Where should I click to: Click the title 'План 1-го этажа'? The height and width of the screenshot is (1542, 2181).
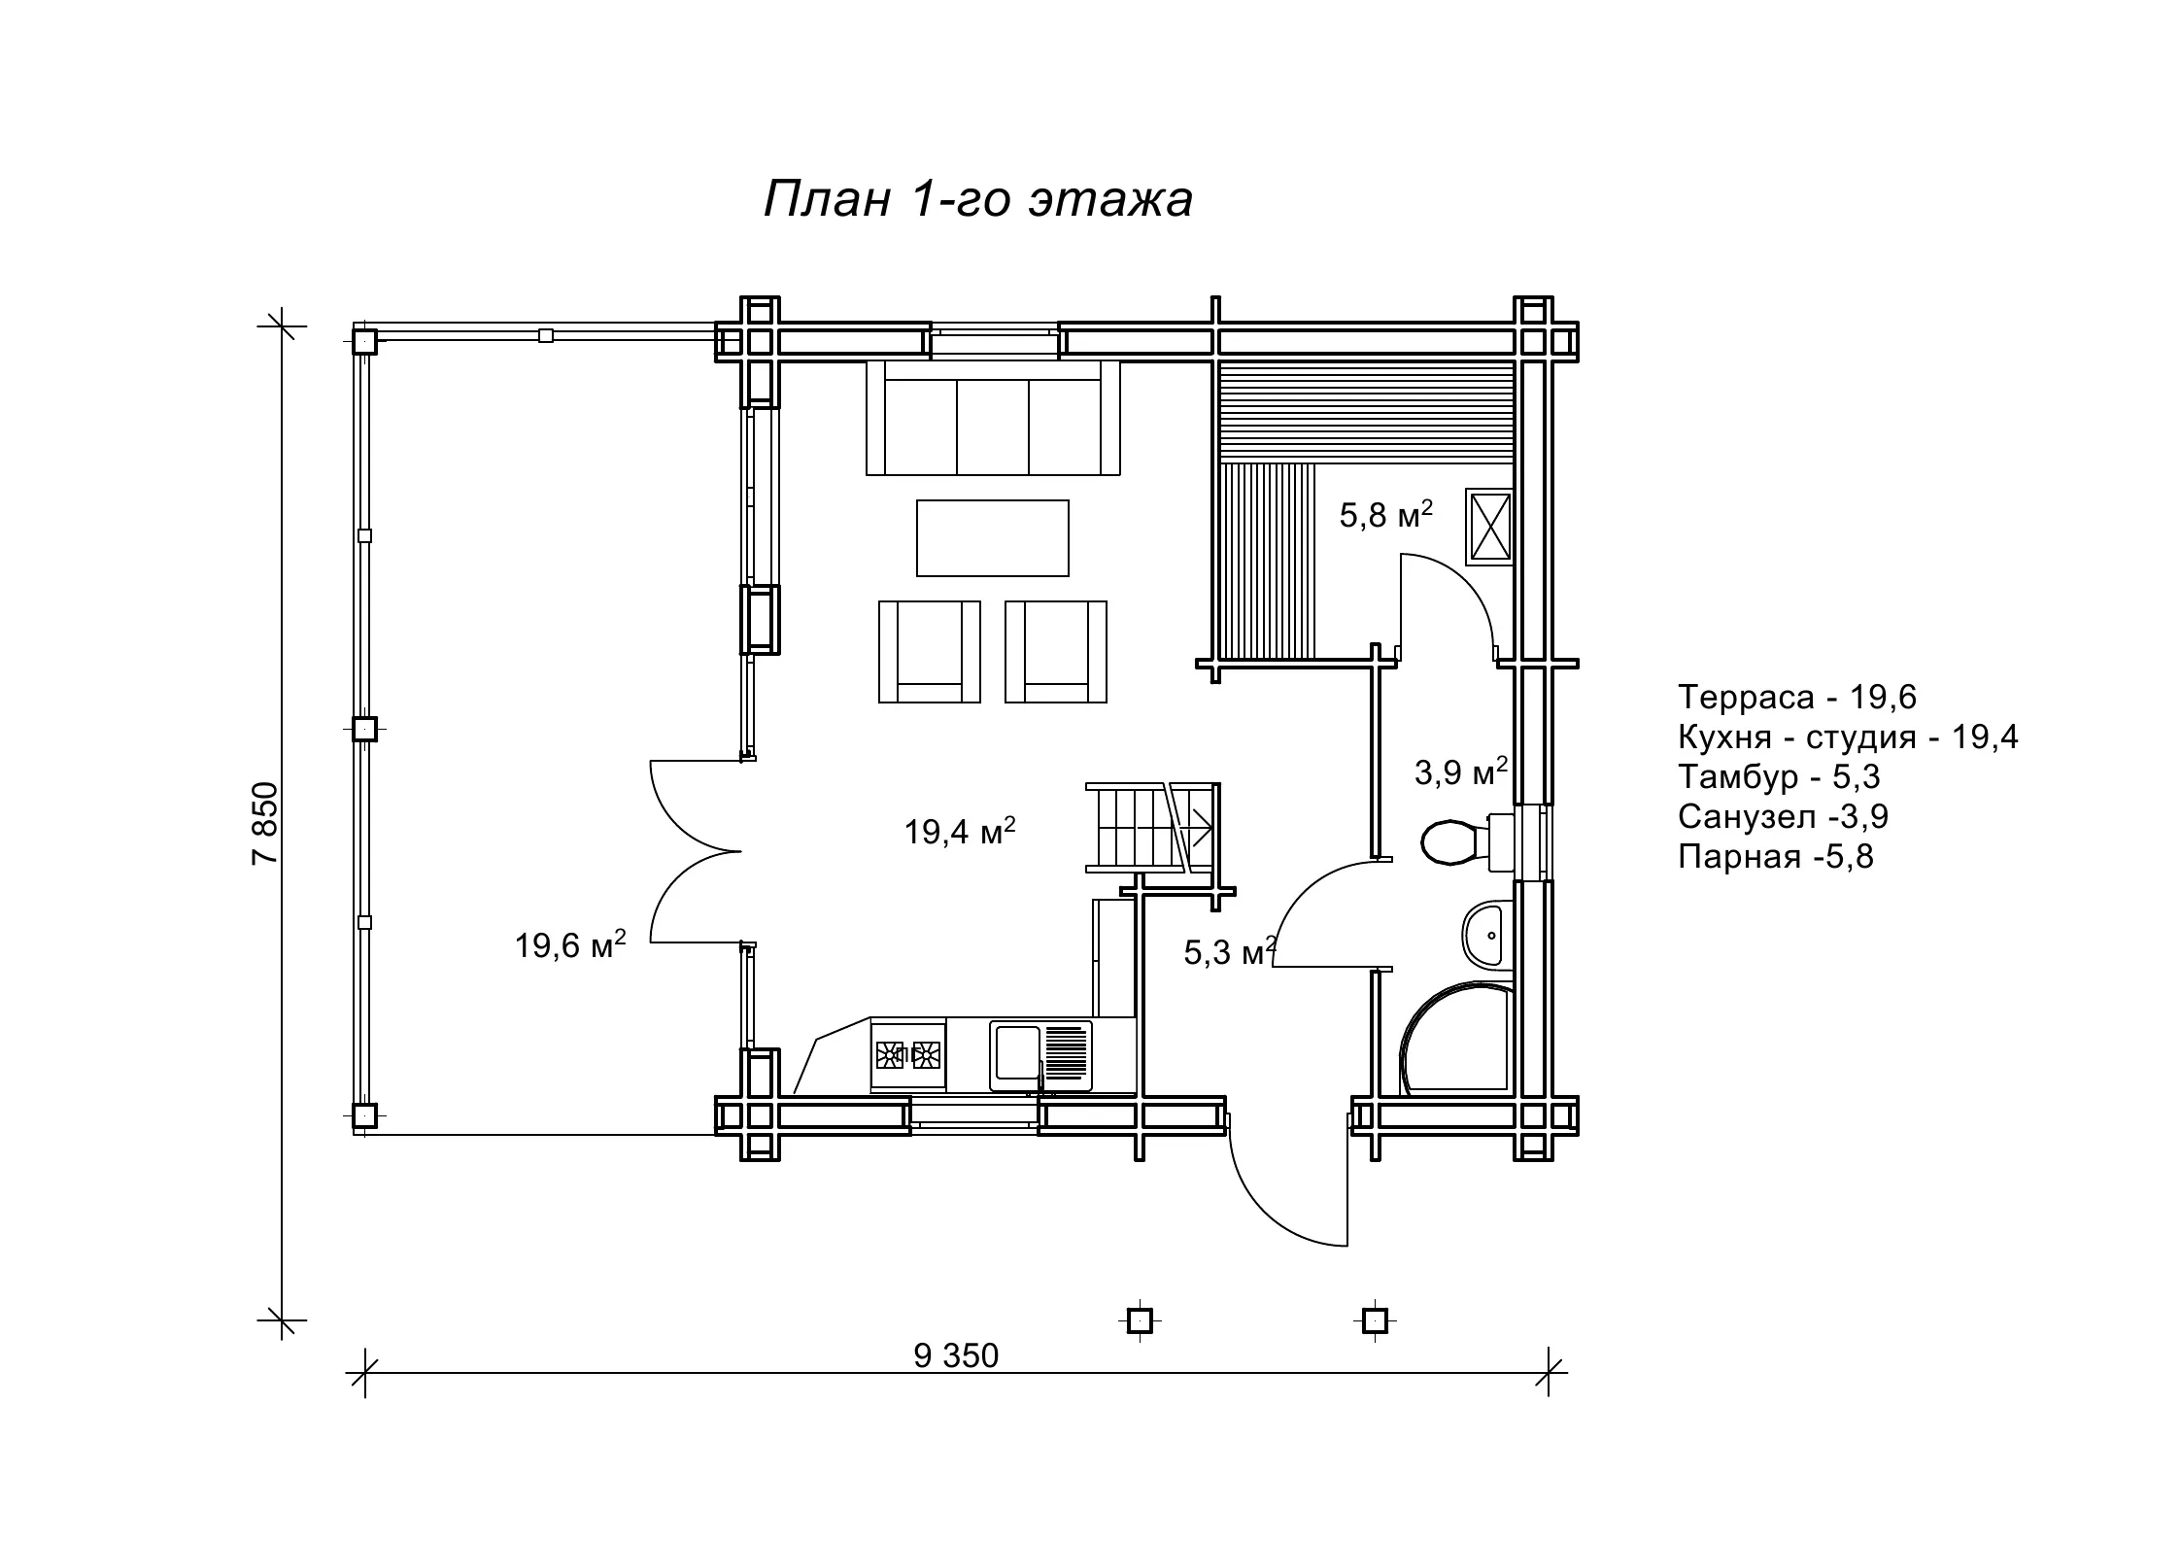click(977, 200)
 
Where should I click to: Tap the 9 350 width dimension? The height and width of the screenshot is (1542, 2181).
click(956, 1355)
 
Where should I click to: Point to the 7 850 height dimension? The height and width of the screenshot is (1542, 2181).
click(264, 823)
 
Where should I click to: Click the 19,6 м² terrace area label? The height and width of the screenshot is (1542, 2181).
click(570, 943)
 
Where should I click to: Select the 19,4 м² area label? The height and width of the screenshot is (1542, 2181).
click(960, 831)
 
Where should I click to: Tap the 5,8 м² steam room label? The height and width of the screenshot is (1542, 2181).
click(1386, 514)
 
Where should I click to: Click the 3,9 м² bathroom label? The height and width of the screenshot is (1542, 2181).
click(1460, 771)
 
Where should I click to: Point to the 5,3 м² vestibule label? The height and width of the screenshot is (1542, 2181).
click(1229, 951)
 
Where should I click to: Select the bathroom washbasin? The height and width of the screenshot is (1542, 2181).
click(1487, 935)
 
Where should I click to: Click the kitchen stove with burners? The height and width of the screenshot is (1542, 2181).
click(908, 1054)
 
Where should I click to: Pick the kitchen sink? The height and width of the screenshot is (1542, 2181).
click(1040, 1055)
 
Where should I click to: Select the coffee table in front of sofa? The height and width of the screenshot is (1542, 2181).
click(993, 538)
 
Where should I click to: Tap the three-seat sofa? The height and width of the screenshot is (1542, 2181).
click(993, 418)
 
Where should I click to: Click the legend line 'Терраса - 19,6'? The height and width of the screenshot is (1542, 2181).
click(1797, 697)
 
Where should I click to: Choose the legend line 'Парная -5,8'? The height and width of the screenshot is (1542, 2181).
click(1776, 856)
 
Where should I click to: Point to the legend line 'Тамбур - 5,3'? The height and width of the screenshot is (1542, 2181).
click(1780, 776)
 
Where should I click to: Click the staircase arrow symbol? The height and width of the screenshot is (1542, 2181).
click(1198, 829)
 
